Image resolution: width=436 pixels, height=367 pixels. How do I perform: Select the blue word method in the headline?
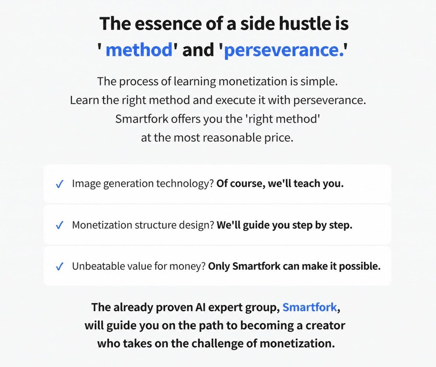click(x=139, y=50)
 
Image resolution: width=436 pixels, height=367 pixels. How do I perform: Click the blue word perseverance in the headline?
click(x=284, y=50)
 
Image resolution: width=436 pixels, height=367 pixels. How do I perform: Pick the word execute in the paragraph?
click(x=236, y=100)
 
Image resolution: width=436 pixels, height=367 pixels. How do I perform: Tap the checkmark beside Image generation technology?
click(x=60, y=184)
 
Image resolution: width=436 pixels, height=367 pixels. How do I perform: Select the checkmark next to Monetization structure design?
click(x=60, y=225)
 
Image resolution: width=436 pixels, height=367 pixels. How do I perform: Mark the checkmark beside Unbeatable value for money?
click(x=60, y=267)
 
